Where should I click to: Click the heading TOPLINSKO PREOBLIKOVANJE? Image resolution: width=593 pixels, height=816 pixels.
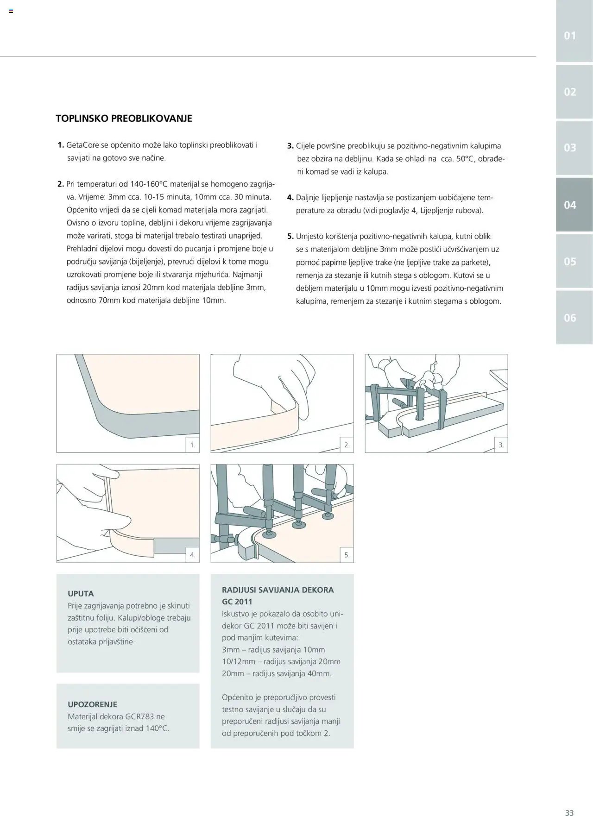pos(124,119)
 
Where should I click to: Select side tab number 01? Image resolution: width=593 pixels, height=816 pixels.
pos(570,36)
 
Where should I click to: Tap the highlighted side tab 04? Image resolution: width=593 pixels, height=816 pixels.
pos(570,205)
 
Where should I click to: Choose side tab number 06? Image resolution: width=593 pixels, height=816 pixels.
pos(570,318)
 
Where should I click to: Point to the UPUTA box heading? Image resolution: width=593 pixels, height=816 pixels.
pos(81,594)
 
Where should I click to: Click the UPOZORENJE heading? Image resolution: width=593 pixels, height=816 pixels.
pos(92,704)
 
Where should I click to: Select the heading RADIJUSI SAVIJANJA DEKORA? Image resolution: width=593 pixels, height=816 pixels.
pos(278,590)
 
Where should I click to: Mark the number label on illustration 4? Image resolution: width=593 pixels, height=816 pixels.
pos(193,555)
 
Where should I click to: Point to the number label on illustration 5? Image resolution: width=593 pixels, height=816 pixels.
pos(347,555)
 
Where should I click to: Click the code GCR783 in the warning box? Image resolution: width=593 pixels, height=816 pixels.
pos(140,716)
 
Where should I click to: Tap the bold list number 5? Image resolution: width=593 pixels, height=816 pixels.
pos(290,236)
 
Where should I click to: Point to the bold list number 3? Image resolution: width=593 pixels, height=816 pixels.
pos(290,146)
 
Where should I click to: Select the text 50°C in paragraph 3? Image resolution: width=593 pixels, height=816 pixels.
pos(466,159)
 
